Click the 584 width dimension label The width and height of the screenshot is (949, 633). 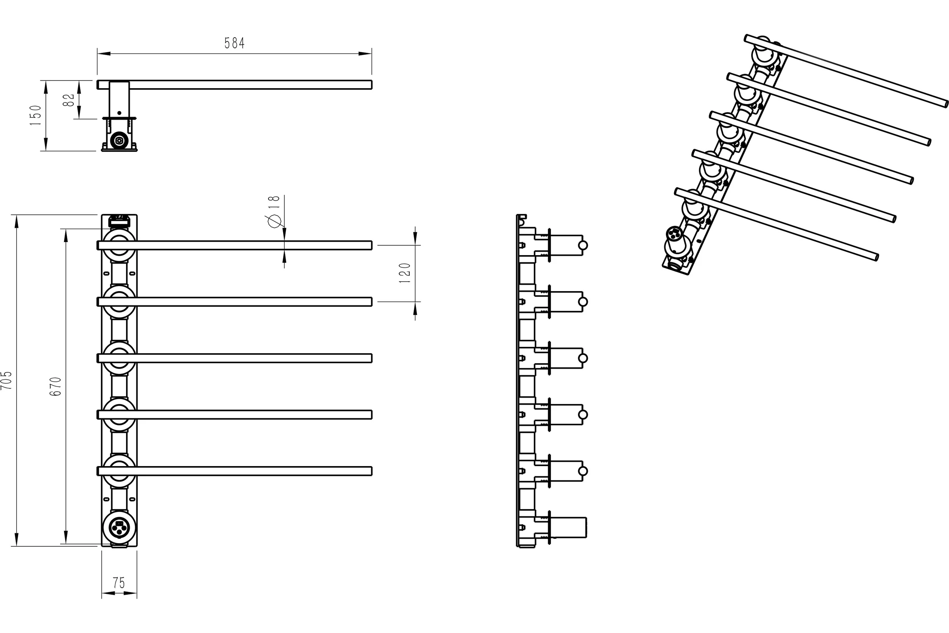tap(234, 43)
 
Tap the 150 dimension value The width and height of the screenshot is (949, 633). tap(36, 115)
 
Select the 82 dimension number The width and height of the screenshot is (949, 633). tap(69, 100)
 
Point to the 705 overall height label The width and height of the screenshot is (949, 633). tap(6, 380)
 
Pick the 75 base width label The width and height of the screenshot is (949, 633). tap(119, 583)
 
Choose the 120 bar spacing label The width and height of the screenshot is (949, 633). tap(405, 273)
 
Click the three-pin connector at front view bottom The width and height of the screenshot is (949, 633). tap(119, 529)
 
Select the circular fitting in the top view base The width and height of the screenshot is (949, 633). tap(119, 140)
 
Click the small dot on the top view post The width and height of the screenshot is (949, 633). tap(119, 113)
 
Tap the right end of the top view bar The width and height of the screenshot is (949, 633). tap(371, 85)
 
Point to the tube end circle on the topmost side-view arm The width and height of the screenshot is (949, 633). tap(582, 245)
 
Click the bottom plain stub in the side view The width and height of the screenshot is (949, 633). tap(568, 527)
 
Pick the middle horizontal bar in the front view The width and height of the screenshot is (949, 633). tap(234, 358)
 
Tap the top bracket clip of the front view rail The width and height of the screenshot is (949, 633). tap(119, 221)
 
